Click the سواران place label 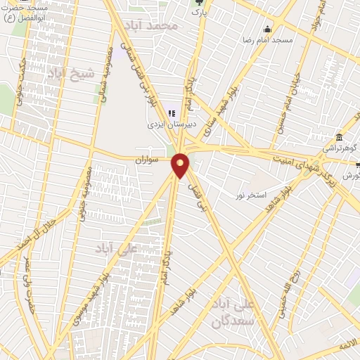[148, 160]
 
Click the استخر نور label [251, 195]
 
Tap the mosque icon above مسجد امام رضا [267, 29]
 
